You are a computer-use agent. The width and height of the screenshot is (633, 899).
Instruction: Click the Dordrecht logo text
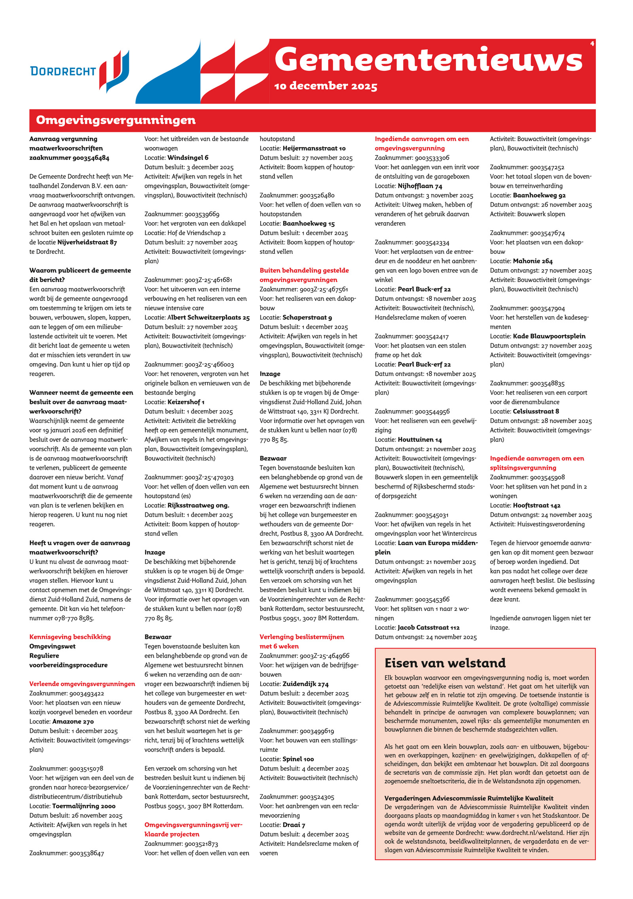[x=63, y=71]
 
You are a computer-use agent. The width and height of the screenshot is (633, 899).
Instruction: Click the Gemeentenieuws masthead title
[x=428, y=59]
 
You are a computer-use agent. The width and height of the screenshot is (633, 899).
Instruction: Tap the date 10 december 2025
[x=325, y=86]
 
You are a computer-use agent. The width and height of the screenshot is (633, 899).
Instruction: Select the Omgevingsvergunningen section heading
[x=116, y=120]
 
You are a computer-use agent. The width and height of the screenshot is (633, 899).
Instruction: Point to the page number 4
[x=592, y=43]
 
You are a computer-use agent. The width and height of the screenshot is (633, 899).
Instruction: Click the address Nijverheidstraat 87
[x=87, y=242]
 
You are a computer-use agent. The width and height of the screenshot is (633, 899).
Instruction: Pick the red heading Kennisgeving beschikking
[x=70, y=637]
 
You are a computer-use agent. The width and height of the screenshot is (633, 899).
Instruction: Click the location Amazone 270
[x=73, y=721]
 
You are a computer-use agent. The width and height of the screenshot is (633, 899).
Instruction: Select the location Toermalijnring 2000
[x=84, y=806]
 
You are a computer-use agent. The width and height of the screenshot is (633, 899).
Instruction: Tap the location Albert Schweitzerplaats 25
[x=208, y=317]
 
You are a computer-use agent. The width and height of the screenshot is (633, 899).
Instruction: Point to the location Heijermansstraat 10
[x=314, y=148]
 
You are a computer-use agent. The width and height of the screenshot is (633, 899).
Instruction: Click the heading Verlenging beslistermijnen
[x=301, y=637]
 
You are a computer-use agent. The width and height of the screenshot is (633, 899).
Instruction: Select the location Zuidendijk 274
[x=305, y=684]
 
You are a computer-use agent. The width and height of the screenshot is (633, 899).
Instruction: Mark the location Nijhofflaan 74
[x=420, y=186]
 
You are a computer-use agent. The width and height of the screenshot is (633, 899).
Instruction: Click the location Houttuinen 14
[x=420, y=440]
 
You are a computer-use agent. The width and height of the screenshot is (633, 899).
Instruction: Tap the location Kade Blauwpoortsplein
[x=549, y=336]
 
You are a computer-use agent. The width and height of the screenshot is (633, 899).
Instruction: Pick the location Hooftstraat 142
[x=536, y=505]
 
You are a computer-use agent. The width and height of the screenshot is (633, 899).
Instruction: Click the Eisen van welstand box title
[x=445, y=663]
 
